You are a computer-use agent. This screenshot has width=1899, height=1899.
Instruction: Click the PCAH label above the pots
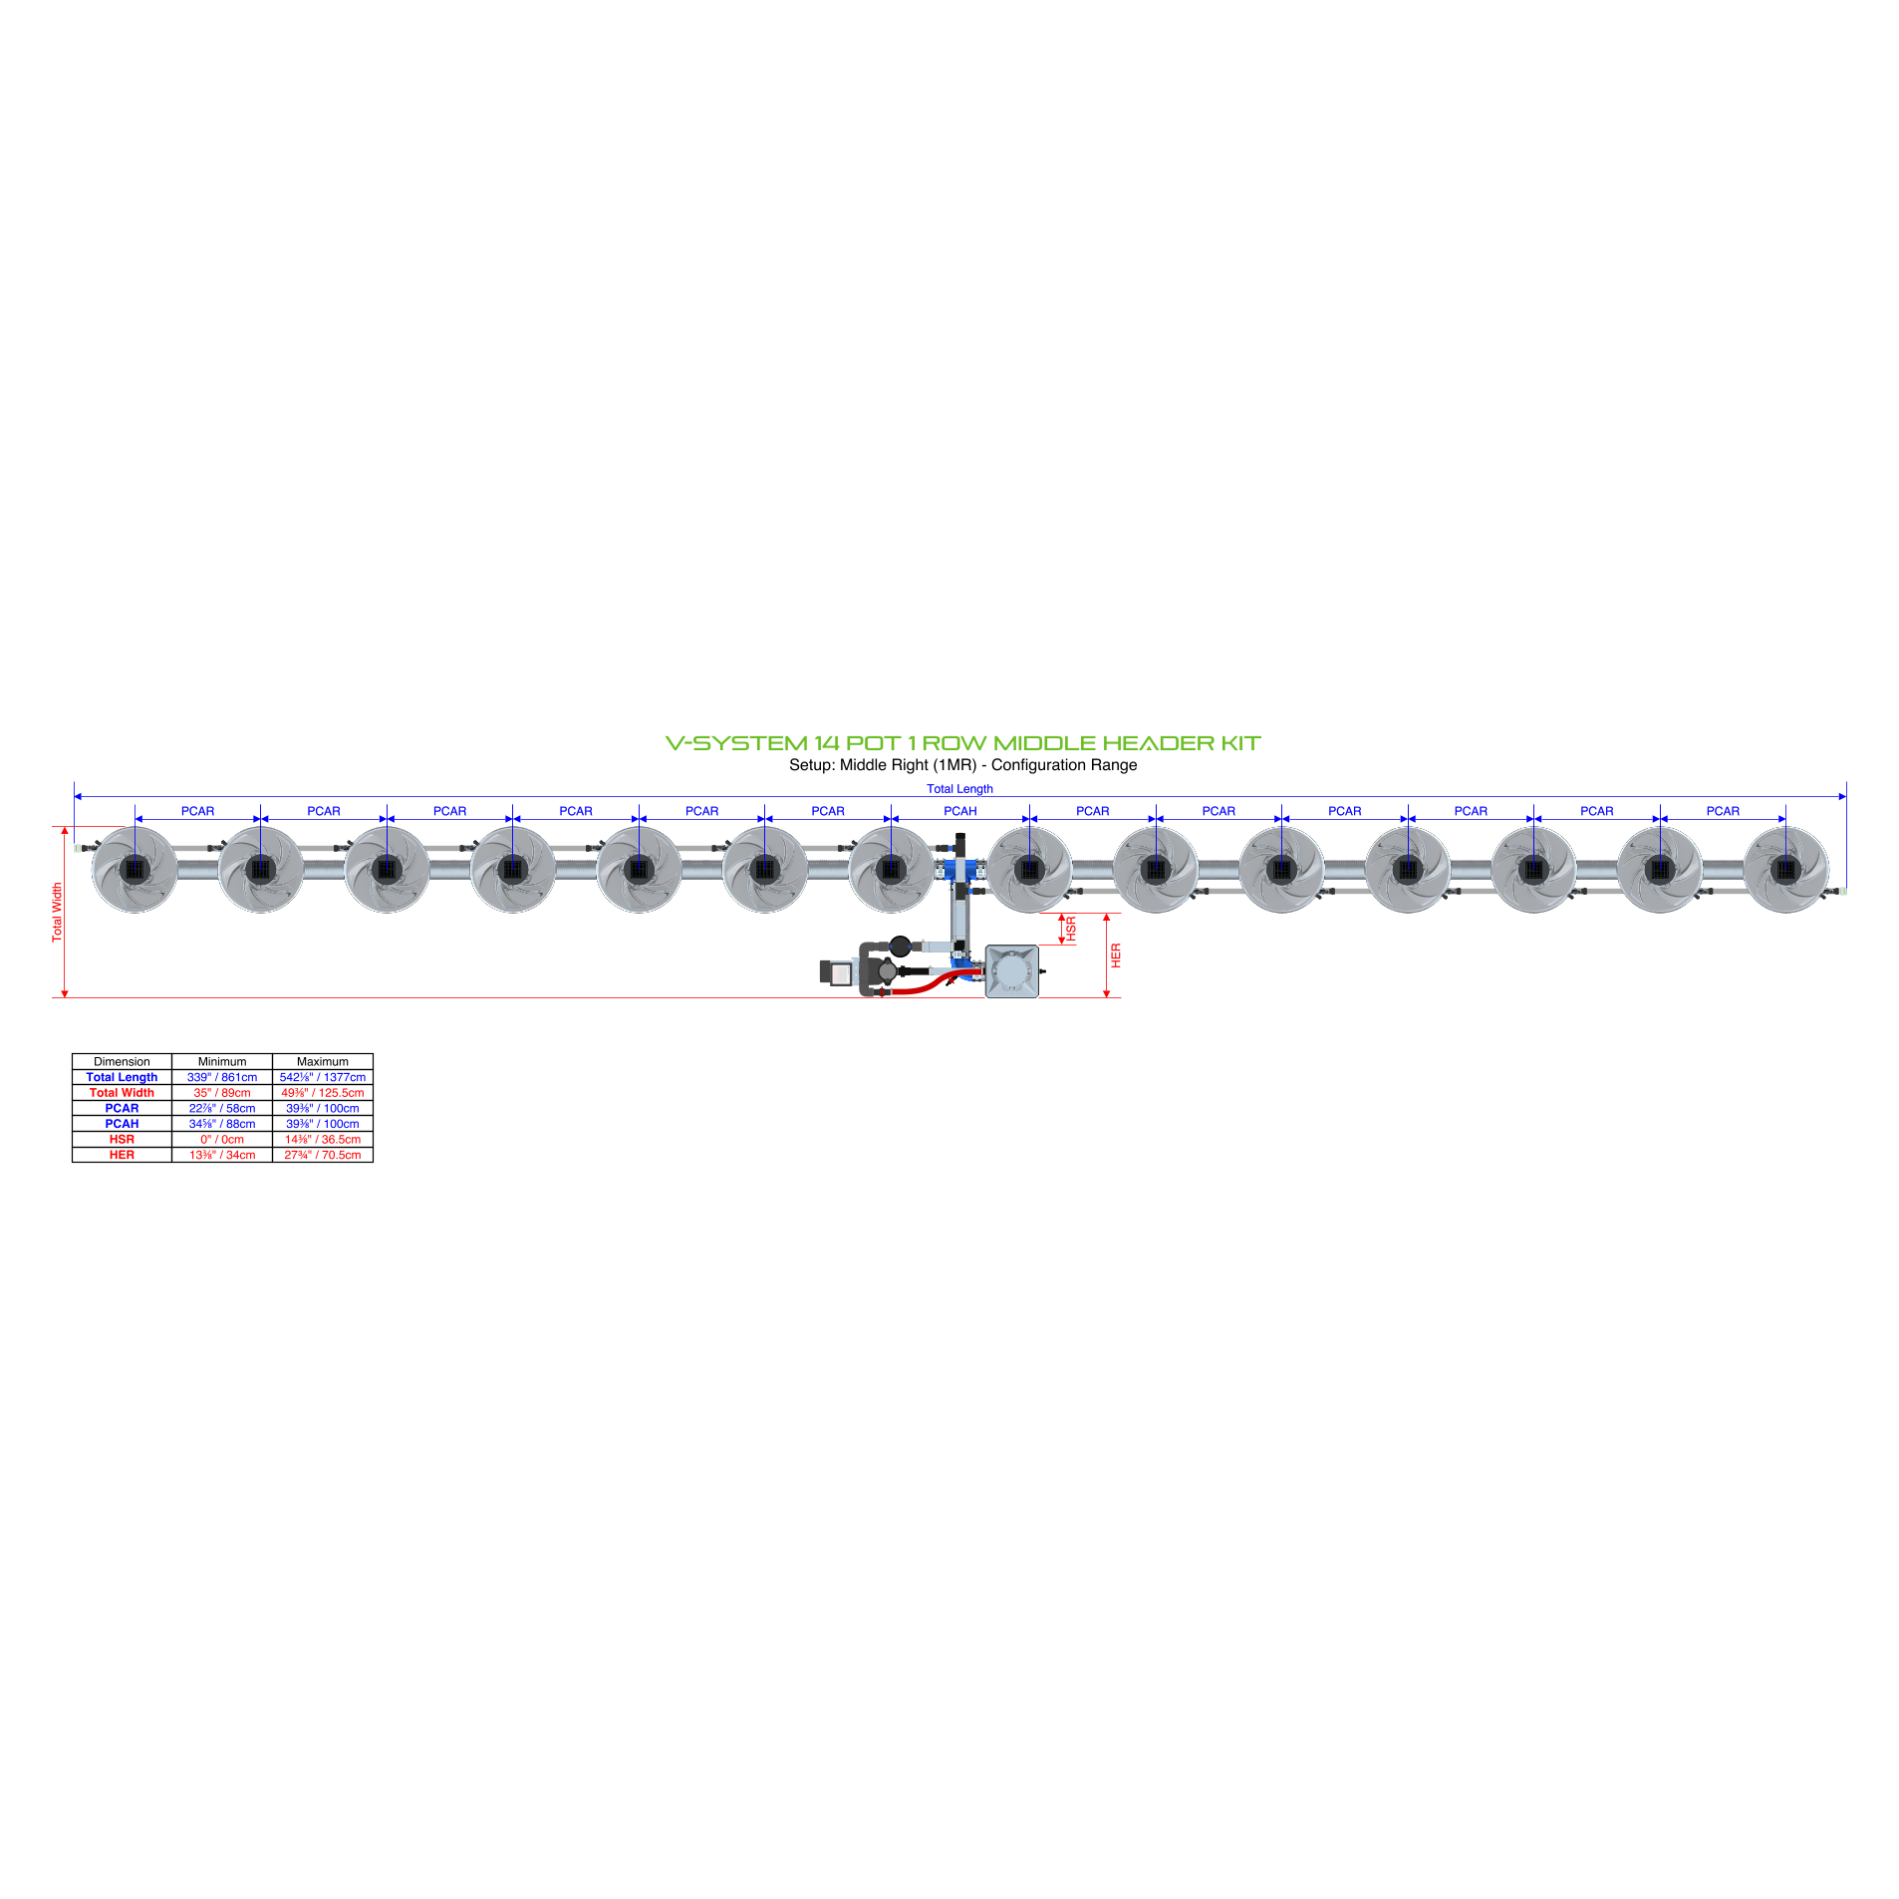click(x=959, y=811)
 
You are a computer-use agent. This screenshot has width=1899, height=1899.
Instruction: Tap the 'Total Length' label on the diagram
click(x=959, y=788)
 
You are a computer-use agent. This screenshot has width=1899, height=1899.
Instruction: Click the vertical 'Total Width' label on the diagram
click(x=57, y=912)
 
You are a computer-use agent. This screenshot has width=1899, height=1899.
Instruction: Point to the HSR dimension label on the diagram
click(x=1071, y=929)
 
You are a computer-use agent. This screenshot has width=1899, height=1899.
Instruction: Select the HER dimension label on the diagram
click(x=1116, y=955)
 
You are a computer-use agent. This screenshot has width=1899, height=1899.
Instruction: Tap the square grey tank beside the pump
click(x=1011, y=971)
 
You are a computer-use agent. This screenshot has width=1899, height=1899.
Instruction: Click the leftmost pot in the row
click(x=135, y=869)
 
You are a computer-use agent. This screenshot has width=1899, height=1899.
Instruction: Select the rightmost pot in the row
click(x=1785, y=869)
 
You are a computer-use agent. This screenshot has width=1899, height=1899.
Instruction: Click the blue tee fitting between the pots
click(x=960, y=870)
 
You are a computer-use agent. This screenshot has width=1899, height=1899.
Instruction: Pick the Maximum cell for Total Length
click(x=323, y=1077)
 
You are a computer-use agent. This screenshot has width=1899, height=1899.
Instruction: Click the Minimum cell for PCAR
click(x=222, y=1108)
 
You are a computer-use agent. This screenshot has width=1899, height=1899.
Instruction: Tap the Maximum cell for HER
click(x=323, y=1155)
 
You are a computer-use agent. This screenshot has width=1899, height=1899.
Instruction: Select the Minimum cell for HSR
click(x=222, y=1139)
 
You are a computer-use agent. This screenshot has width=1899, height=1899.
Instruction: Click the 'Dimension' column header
click(x=122, y=1062)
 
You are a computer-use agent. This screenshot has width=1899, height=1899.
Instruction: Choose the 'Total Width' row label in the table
click(x=122, y=1093)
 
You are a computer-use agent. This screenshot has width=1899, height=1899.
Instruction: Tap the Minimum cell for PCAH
click(x=222, y=1124)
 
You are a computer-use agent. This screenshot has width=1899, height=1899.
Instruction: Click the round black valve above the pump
click(x=900, y=946)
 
